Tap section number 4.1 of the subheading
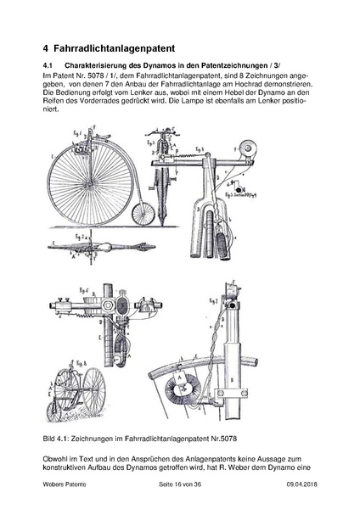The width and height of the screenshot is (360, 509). pos(48,65)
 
